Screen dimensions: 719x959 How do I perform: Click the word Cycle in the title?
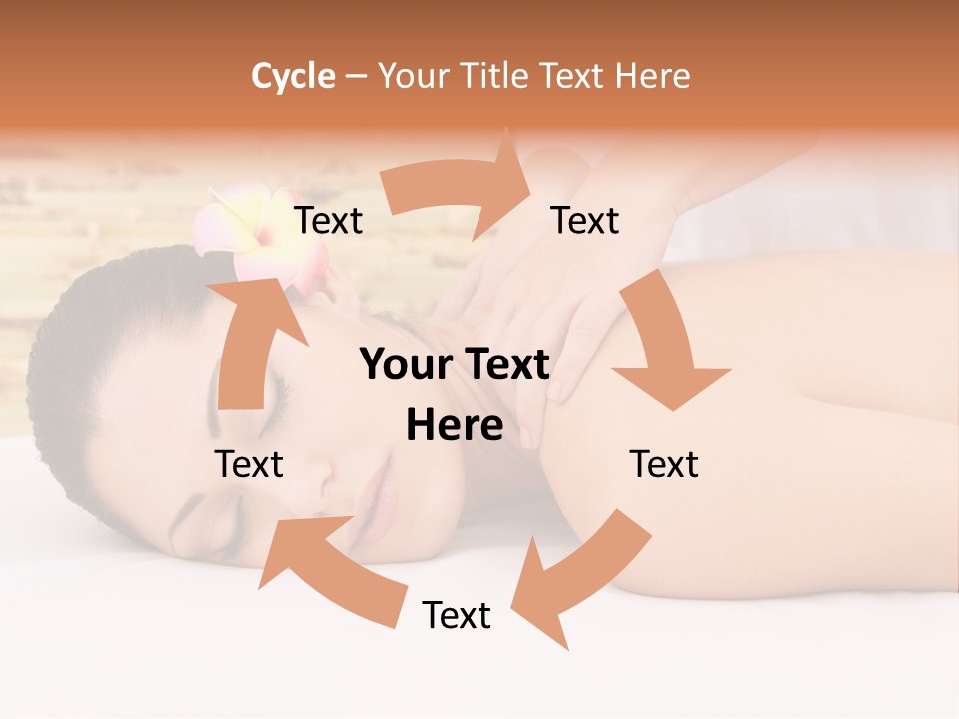pyautogui.click(x=293, y=75)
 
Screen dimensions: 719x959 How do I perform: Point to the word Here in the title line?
pyautogui.click(x=654, y=75)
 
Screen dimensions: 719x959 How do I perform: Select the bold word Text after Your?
pyautogui.click(x=504, y=364)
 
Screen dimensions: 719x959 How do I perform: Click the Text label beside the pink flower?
pyautogui.click(x=328, y=221)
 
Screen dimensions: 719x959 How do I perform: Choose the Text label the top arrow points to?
pyautogui.click(x=585, y=221)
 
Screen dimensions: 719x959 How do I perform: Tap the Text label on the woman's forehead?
pyautogui.click(x=249, y=464)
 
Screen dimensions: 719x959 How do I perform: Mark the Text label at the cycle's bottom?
pyautogui.click(x=457, y=615)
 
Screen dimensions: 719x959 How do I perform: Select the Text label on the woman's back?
pyautogui.click(x=664, y=464)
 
